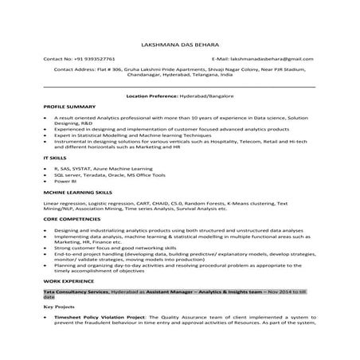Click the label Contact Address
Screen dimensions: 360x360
[77, 69]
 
